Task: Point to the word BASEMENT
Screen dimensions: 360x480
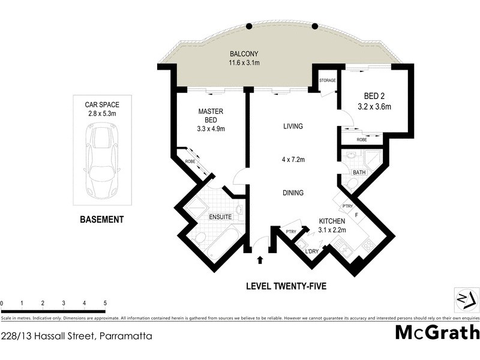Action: pos(102,220)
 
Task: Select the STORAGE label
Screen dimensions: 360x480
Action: pos(327,80)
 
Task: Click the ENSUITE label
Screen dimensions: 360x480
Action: pos(220,217)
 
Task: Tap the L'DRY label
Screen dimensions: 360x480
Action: pos(312,251)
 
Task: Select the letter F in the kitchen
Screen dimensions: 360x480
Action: pos(357,214)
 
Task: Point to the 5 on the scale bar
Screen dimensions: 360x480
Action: pos(105,304)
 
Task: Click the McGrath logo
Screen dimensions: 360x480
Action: pos(436,332)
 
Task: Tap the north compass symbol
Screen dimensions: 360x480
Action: pos(466,298)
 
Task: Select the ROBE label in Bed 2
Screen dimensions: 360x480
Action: pos(361,139)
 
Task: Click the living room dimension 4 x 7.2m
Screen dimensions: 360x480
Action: pos(293,160)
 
